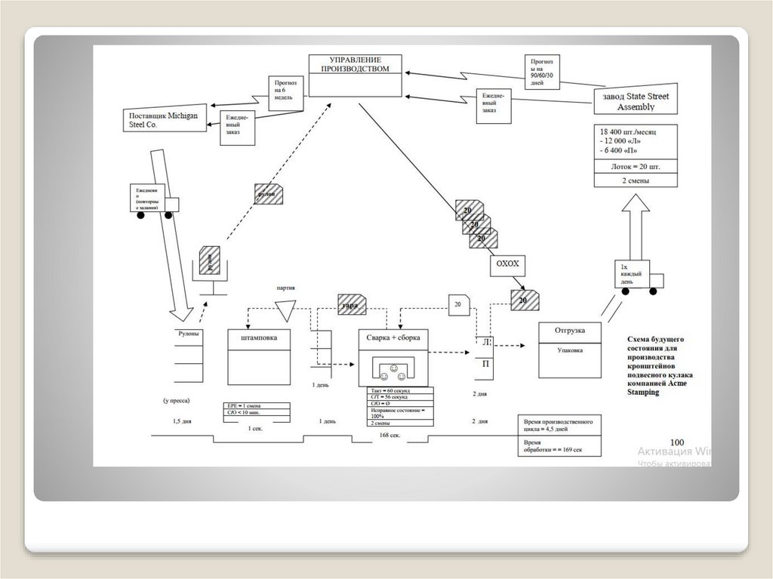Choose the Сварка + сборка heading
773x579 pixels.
[x=393, y=337]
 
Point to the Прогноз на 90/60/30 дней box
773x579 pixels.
[x=544, y=72]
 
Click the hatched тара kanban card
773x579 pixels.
[x=351, y=304]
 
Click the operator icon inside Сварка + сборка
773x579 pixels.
[x=393, y=370]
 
